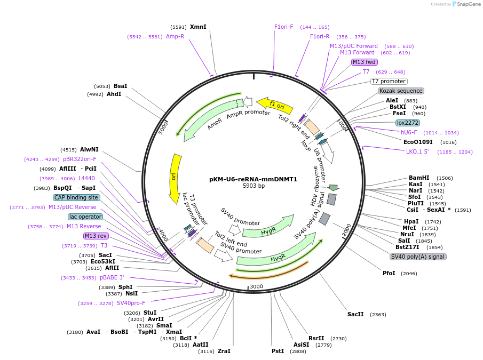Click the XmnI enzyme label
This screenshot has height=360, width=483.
tap(198, 27)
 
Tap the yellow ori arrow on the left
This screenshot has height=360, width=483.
tap(174, 178)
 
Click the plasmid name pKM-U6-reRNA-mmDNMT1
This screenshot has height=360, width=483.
tap(254, 179)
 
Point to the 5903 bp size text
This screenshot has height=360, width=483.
tap(254, 186)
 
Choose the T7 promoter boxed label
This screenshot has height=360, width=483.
tap(389, 81)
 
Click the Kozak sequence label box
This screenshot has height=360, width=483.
tap(401, 91)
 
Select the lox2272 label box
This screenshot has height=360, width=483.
tap(408, 123)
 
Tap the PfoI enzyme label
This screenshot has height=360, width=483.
tap(389, 273)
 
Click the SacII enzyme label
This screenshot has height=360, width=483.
tap(355, 314)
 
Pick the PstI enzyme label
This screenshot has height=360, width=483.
tap(278, 351)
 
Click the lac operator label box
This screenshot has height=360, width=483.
tap(85, 217)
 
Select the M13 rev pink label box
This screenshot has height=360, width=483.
tap(96, 236)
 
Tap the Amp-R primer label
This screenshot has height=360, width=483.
tap(175, 37)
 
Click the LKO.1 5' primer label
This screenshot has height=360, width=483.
tap(417, 151)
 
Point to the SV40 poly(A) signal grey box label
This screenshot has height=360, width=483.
tap(418, 257)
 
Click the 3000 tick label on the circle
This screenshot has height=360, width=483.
tap(257, 286)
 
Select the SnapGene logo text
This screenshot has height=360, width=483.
tap(466, 4)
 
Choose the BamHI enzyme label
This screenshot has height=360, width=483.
tap(419, 178)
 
